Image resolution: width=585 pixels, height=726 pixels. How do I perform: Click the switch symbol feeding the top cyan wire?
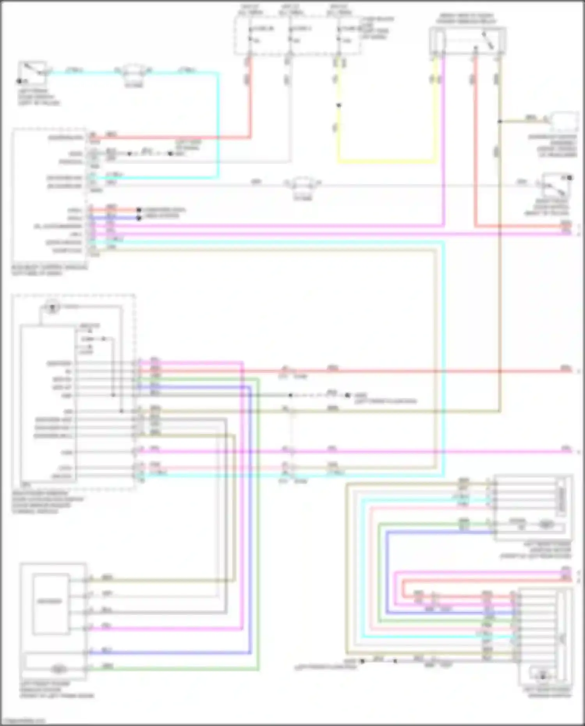coord(33,73)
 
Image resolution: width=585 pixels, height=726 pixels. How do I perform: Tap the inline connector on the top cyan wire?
coord(133,71)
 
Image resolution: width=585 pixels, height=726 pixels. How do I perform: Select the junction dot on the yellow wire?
coord(339,105)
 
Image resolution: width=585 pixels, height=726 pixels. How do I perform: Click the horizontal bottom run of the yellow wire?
coord(386,161)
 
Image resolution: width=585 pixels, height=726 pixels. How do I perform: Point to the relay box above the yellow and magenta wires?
coord(467,40)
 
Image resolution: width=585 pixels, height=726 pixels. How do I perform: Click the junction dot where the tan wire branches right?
coord(500,121)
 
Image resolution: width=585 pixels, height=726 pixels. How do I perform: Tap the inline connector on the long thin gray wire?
coord(302,183)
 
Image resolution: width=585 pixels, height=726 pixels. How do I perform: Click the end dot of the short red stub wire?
coord(138,210)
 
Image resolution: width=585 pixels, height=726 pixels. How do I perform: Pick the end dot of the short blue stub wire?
coord(138,218)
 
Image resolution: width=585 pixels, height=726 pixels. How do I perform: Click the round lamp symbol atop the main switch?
coord(51,307)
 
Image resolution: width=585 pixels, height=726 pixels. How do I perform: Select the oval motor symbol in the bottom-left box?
coord(58,669)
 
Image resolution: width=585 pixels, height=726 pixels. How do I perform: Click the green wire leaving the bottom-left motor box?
coord(175,670)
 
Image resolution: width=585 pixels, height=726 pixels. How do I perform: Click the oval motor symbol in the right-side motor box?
coord(546,525)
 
